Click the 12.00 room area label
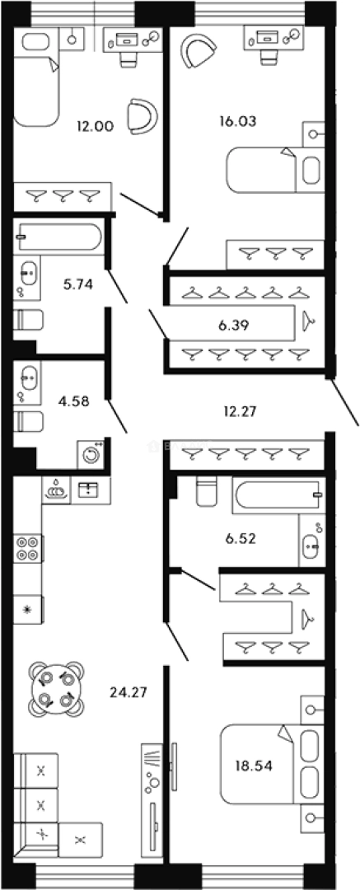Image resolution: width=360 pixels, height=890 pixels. (96, 126)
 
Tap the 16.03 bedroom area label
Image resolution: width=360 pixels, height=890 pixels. (238, 121)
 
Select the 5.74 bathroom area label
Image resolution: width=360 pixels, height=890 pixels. (78, 285)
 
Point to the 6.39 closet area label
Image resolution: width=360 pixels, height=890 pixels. (233, 326)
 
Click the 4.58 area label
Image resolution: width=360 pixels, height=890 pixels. (74, 401)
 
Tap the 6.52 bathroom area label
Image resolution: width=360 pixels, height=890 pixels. (241, 537)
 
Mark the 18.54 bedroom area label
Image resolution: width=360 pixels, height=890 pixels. (253, 766)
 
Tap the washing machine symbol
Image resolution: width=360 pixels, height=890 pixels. (91, 454)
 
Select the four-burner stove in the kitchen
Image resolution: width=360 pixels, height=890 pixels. (28, 548)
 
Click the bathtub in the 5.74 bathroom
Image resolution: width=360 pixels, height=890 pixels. (59, 238)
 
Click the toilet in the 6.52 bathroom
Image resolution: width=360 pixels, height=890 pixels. (207, 490)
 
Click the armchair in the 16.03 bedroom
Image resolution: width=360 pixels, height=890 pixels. (198, 50)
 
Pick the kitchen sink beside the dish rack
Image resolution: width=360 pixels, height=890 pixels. (87, 490)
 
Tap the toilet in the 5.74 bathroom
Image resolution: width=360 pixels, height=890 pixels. (28, 320)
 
